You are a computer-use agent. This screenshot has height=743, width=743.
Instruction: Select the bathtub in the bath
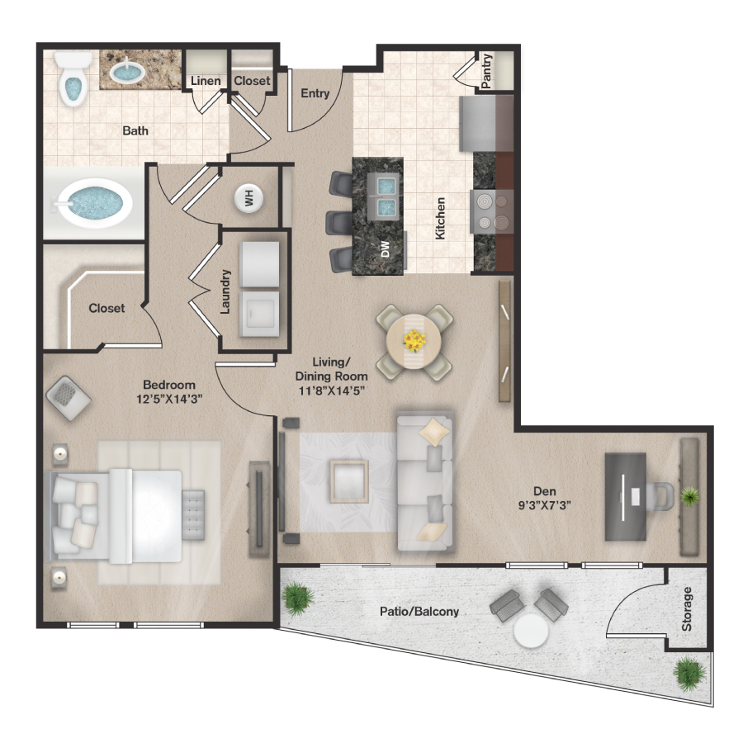point(93,203)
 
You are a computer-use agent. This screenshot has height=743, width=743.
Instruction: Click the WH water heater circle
point(247,197)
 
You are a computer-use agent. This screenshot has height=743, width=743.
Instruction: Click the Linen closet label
point(206,81)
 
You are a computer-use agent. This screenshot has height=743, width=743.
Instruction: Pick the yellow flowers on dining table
point(414,339)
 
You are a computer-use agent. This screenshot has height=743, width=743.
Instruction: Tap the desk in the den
point(632,495)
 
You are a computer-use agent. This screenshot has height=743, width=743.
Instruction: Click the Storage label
point(688,609)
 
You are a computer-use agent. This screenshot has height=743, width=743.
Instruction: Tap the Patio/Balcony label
point(419,612)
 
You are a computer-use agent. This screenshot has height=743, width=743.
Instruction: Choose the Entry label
point(315,93)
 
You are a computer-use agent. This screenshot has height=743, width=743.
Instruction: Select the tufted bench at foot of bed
point(193,512)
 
